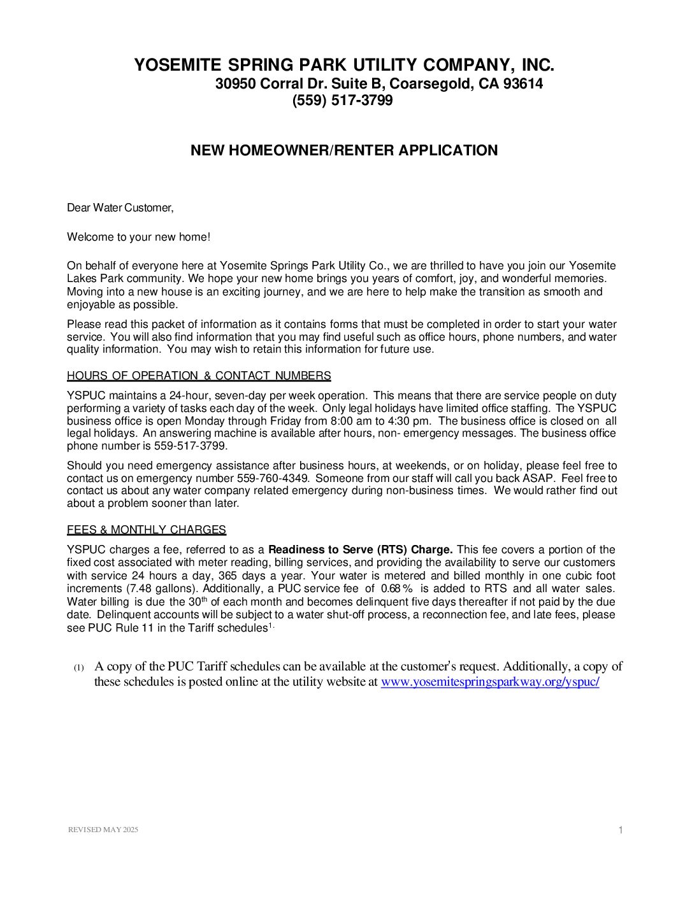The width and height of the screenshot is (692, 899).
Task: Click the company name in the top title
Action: click(x=343, y=65)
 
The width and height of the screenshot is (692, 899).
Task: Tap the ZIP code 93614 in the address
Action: click(x=523, y=84)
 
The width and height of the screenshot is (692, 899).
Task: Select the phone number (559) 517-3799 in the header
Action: click(x=342, y=101)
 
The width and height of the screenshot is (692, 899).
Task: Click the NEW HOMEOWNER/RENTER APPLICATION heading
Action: click(x=344, y=151)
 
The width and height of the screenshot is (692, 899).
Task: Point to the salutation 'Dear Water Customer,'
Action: click(x=120, y=208)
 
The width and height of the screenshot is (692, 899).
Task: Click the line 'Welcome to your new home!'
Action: click(x=138, y=237)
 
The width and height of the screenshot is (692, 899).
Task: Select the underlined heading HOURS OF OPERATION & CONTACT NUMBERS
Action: click(x=199, y=376)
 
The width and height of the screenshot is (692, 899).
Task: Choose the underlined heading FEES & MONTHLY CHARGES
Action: click(x=147, y=530)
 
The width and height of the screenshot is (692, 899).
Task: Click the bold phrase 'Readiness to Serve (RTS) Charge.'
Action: click(x=360, y=549)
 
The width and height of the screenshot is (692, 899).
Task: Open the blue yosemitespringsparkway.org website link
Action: click(x=489, y=682)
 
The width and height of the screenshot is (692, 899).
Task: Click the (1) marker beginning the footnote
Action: click(x=78, y=668)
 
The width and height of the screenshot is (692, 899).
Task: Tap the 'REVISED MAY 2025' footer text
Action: click(x=103, y=830)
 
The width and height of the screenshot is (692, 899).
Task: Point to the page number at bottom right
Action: click(x=620, y=830)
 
